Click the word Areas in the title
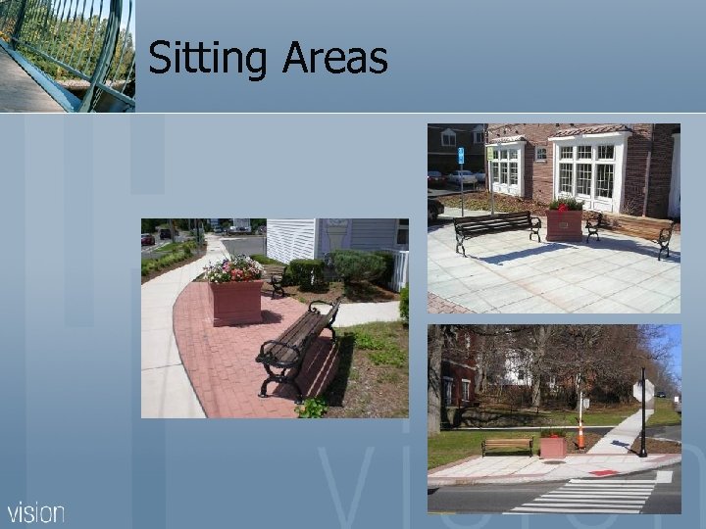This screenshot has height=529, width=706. tap(335, 59)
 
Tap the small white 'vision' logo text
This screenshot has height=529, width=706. tap(36, 512)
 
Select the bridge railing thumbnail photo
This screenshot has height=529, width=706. tap(67, 55)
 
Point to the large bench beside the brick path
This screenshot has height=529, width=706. tap(298, 349)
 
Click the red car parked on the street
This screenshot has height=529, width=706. tap(148, 239)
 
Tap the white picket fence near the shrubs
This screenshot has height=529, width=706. tap(400, 268)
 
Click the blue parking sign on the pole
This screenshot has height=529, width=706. tap(460, 155)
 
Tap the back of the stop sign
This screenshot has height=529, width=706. tap(643, 392)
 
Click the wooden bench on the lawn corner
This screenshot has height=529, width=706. tap(507, 445)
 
